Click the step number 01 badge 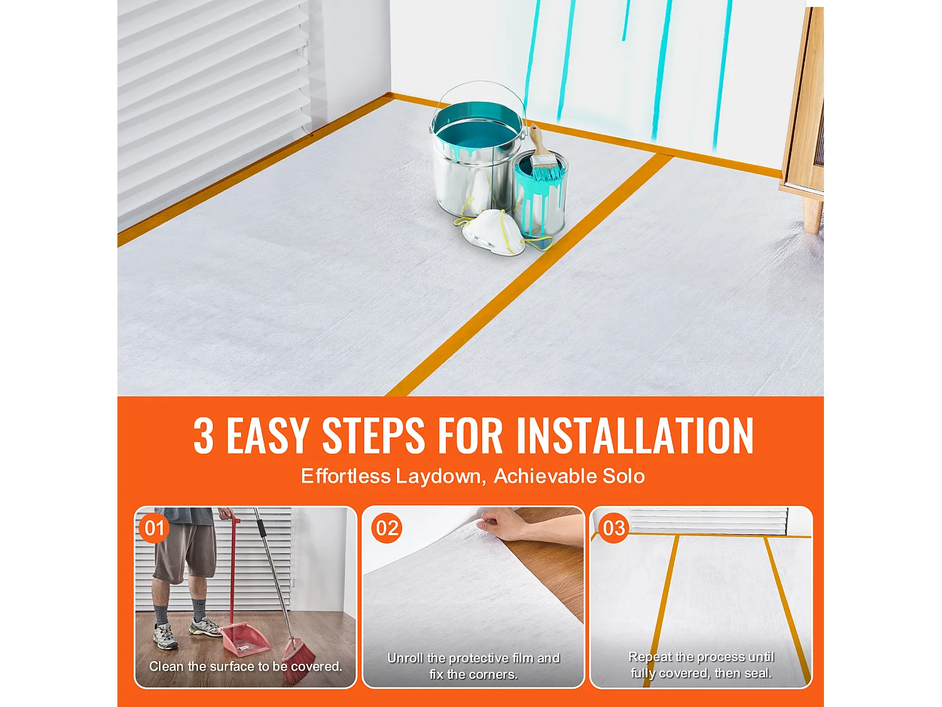click(154, 528)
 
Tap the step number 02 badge click(387, 528)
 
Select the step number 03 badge click(614, 528)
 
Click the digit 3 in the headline click(203, 436)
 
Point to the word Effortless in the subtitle click(345, 476)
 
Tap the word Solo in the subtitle click(623, 476)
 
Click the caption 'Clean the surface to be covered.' click(246, 666)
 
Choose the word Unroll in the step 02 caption click(405, 658)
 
